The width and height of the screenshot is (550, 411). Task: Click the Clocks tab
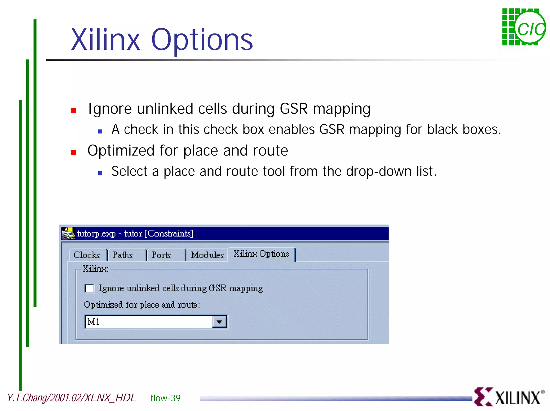pos(86,255)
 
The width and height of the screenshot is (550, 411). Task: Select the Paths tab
pos(123,255)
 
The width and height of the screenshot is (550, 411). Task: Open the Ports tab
pos(161,255)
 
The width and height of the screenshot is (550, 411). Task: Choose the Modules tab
pos(207,255)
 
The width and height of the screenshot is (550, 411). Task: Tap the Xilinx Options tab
pos(261,254)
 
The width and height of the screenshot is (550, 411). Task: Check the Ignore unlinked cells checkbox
pos(89,289)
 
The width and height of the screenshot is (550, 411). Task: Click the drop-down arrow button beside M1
pos(219,322)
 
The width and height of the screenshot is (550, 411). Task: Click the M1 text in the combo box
pos(94,322)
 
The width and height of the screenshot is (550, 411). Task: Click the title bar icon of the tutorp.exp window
pos(68,233)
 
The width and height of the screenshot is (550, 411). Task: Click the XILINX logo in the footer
pos(509,397)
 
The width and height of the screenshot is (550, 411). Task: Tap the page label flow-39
pos(165,398)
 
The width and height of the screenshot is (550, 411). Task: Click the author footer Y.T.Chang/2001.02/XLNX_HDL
pos(71,398)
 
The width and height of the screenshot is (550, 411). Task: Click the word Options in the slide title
pos(202,40)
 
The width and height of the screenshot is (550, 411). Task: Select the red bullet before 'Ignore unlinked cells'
pos(73,110)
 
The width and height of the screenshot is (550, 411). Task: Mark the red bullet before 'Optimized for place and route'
pos(73,153)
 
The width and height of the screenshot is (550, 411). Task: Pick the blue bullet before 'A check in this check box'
pos(100,131)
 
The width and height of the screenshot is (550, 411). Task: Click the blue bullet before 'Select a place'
pos(100,173)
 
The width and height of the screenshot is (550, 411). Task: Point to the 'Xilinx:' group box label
pos(95,269)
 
